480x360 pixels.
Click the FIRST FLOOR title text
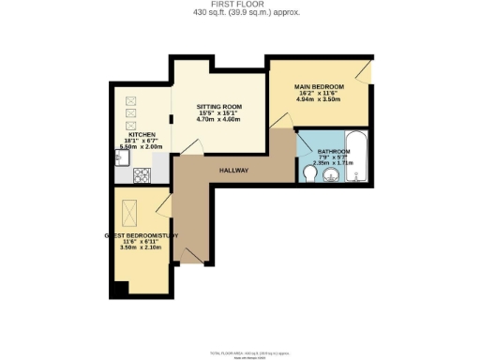pos(240,5)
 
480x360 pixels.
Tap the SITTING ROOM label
pos(217,106)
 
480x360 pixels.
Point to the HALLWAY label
pos(234,171)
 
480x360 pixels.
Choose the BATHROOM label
pos(334,150)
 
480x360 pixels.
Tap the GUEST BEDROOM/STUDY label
pos(142,235)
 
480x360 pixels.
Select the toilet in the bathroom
pos(312,174)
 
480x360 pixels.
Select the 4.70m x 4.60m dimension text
pos(217,120)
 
